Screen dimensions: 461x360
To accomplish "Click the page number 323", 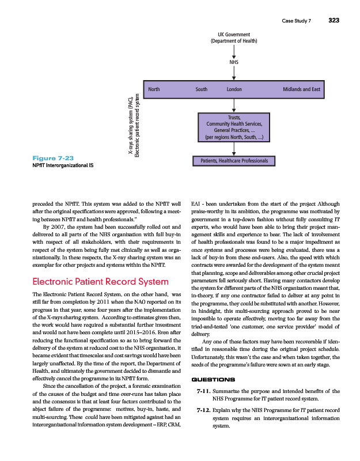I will coord(334,21).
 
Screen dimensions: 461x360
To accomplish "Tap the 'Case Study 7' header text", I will coord(296,21).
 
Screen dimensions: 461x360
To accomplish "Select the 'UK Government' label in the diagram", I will coord(234,35).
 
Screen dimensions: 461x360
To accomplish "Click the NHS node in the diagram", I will coord(234,62).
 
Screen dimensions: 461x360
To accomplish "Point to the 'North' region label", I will coord(154,90).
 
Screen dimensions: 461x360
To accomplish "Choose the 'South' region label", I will coord(201,90).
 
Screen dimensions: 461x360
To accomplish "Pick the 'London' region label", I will coord(234,90).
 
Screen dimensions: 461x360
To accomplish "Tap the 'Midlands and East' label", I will coord(301,90).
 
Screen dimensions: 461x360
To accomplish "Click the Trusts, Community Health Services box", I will coord(234,127).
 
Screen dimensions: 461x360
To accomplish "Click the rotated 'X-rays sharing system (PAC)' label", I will coord(130,126).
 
